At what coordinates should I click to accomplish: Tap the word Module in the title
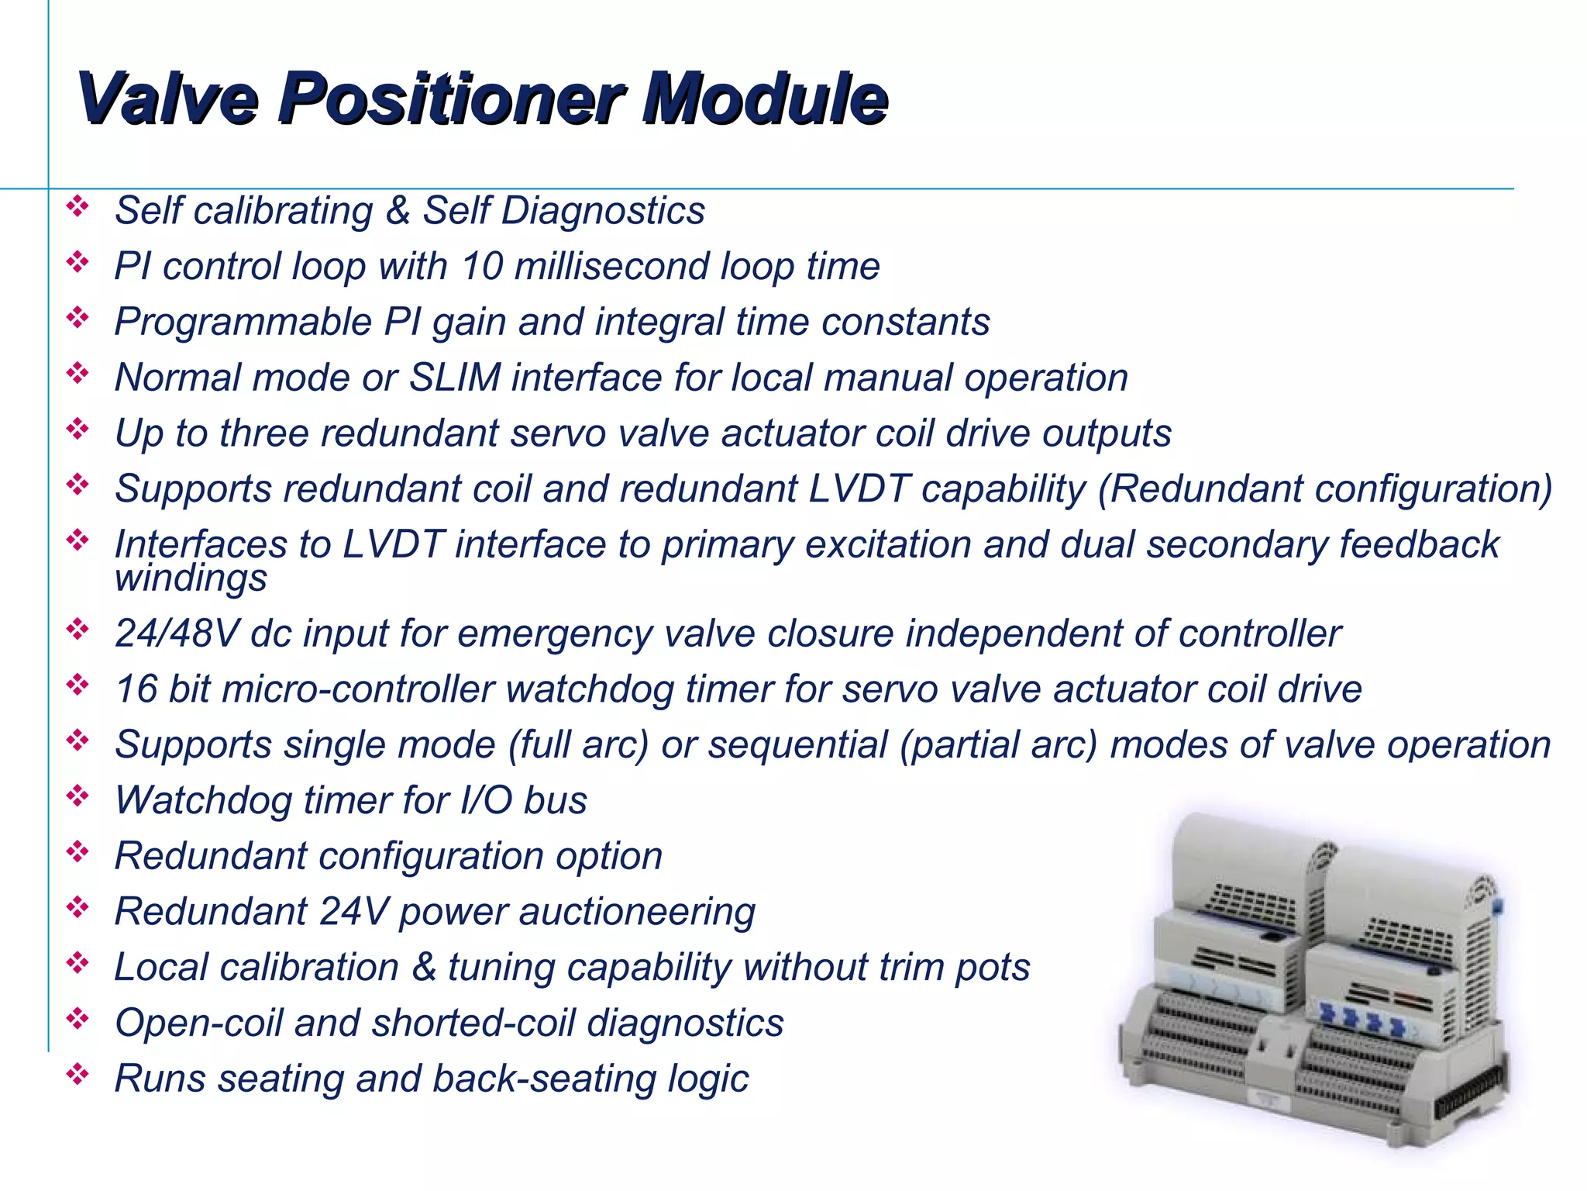click(763, 98)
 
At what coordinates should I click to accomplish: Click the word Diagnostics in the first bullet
click(603, 211)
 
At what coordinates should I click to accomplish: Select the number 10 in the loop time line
click(482, 267)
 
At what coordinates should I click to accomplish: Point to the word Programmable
click(243, 323)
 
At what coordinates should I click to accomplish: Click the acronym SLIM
click(455, 378)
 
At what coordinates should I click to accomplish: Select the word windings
click(191, 578)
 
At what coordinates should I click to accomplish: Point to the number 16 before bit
click(136, 689)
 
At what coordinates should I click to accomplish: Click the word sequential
click(797, 745)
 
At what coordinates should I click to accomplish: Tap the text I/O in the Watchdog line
click(486, 800)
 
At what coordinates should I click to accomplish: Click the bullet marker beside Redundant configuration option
click(77, 852)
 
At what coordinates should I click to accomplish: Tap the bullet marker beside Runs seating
click(77, 1075)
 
